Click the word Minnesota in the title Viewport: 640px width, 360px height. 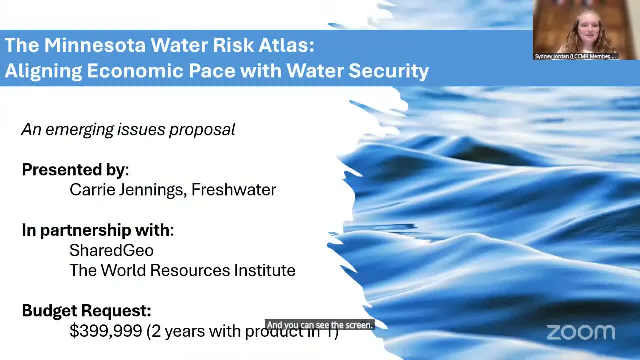click(95, 45)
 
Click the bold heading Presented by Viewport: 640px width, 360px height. click(74, 170)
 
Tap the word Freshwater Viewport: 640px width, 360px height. click(234, 190)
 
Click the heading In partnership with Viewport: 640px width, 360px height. click(96, 230)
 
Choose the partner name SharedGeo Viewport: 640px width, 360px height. click(111, 250)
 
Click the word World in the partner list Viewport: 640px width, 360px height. click(123, 270)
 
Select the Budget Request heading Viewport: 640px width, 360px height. click(86, 310)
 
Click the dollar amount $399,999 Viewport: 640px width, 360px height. click(106, 331)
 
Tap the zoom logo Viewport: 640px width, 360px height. click(580, 332)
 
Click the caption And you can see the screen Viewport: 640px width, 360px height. click(320, 325)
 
